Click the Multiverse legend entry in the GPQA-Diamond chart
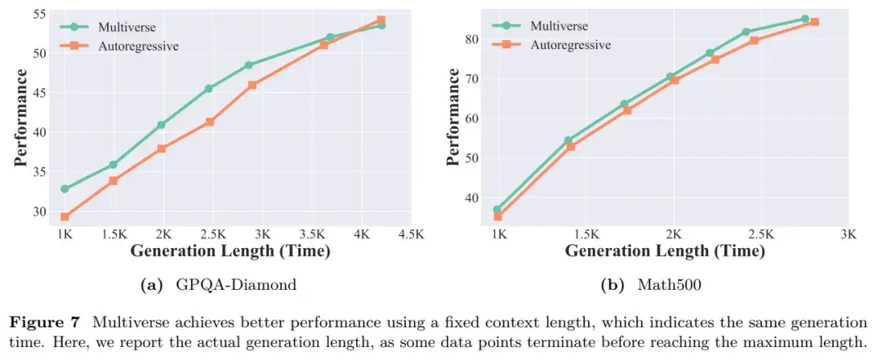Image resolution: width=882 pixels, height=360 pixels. (111, 26)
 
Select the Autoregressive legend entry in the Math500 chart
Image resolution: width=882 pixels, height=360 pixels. (570, 44)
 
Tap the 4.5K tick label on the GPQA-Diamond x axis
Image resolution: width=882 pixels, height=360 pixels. (411, 234)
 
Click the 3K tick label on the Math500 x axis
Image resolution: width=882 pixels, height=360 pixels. (849, 234)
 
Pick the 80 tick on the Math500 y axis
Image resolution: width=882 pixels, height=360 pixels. (471, 38)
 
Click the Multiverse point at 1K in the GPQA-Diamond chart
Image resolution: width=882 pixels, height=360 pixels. (65, 189)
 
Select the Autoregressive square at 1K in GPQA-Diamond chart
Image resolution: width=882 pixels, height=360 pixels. (65, 217)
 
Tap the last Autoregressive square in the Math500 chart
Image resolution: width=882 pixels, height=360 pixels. (814, 22)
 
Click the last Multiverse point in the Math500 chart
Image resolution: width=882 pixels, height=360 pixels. (804, 19)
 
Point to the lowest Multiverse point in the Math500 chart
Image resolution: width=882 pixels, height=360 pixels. (497, 210)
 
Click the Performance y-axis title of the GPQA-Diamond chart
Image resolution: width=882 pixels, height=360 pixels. (21, 118)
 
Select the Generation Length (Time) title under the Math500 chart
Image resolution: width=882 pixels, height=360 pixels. (665, 251)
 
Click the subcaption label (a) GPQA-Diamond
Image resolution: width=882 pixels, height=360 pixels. (218, 286)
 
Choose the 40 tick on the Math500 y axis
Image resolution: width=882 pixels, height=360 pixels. (471, 198)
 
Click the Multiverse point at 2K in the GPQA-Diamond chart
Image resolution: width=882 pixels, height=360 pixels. (162, 125)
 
